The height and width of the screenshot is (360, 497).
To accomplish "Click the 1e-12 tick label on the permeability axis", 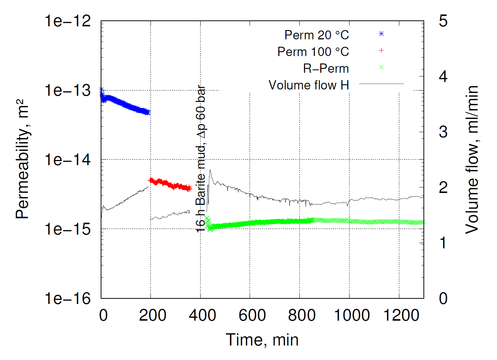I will click(68, 21).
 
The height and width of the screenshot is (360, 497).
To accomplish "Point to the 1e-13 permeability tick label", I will click(68, 90).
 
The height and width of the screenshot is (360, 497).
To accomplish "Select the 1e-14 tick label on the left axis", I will click(68, 160).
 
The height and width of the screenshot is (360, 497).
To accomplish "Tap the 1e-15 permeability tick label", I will click(68, 229).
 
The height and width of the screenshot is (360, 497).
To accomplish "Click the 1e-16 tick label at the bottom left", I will click(68, 298).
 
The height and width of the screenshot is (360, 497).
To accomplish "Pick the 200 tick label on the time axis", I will click(152, 315).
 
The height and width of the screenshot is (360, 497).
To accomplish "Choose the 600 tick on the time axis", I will click(252, 315).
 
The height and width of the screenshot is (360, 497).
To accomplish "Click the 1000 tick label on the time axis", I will click(351, 315).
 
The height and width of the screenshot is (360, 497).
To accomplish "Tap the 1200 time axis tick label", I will click(401, 315).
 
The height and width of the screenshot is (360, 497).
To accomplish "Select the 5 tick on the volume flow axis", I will click(443, 21).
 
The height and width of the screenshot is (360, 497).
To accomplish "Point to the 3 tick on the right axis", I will click(443, 132).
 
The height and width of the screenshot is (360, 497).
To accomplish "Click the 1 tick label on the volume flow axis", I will click(443, 243).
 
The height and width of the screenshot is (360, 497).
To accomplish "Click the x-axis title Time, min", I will click(262, 340).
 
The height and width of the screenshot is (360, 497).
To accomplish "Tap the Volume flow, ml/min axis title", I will click(472, 160).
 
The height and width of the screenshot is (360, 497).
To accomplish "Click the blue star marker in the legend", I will click(381, 34).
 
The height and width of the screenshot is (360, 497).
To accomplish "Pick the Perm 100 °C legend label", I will click(313, 52).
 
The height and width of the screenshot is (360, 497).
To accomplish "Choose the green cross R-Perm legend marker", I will click(381, 68).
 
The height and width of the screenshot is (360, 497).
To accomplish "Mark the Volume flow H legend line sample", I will click(381, 84).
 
